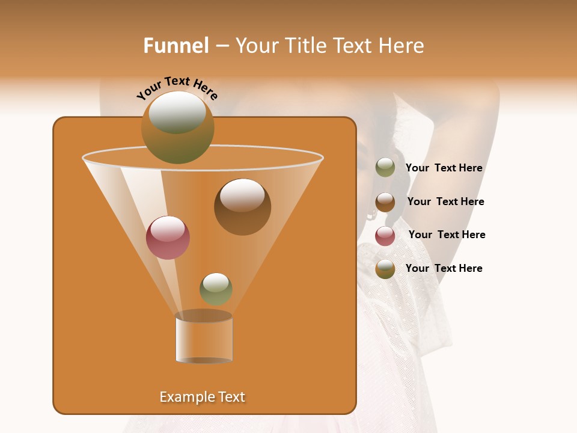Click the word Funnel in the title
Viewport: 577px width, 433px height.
tap(176, 46)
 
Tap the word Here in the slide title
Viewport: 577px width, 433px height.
tap(402, 46)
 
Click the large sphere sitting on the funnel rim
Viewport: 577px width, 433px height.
tap(177, 127)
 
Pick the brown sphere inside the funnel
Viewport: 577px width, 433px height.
tap(242, 207)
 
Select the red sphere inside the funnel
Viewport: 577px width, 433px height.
tap(168, 238)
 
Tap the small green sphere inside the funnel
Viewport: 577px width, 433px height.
tap(216, 289)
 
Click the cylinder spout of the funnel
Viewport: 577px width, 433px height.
tap(204, 338)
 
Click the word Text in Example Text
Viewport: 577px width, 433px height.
tap(231, 397)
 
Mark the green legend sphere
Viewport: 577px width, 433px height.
tap(385, 168)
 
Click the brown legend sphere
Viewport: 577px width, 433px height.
tap(385, 202)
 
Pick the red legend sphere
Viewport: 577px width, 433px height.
tap(385, 236)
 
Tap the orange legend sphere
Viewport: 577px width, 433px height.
tap(385, 269)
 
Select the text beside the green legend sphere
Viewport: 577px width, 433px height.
tap(444, 168)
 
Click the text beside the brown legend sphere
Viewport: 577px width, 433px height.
tap(445, 202)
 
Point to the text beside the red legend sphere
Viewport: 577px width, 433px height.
tap(447, 235)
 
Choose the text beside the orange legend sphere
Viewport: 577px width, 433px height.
tap(444, 268)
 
